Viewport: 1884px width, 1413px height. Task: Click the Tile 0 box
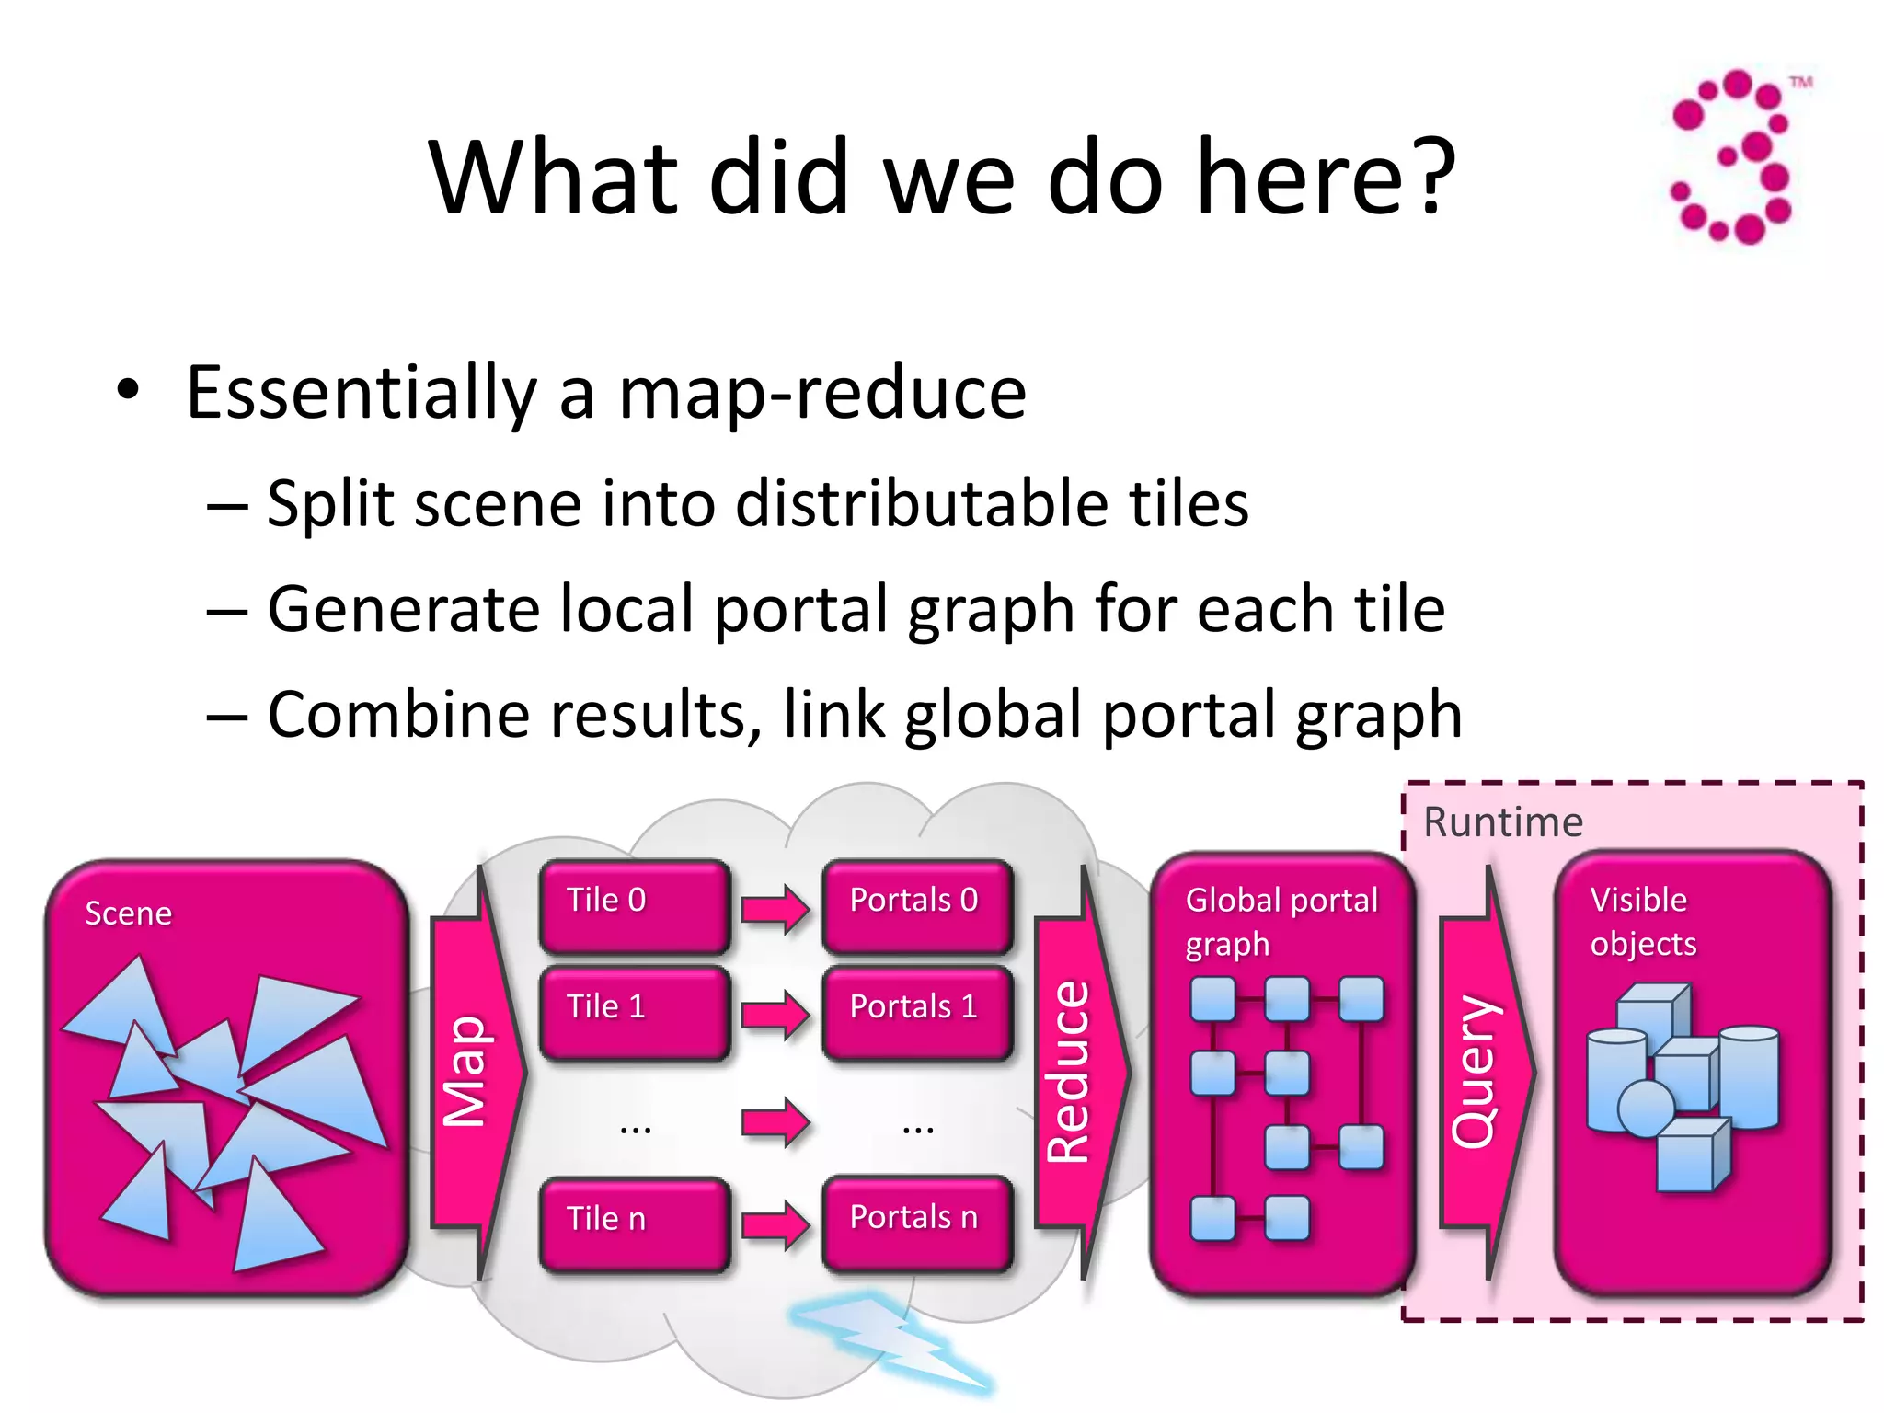click(634, 906)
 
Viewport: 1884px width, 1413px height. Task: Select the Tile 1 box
click(634, 1012)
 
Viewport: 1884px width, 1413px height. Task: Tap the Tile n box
click(634, 1223)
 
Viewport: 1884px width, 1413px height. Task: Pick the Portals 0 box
click(917, 906)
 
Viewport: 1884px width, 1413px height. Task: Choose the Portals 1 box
click(917, 1012)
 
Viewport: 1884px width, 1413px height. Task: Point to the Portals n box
click(917, 1223)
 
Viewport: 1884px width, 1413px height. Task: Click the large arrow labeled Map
click(474, 1072)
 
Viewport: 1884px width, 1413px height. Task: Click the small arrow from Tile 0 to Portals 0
click(775, 909)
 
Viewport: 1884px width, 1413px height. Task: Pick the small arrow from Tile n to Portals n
click(775, 1225)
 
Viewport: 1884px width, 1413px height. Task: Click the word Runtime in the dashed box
click(1502, 822)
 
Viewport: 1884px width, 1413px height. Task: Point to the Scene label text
click(128, 913)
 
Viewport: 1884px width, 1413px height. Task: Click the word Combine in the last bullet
click(401, 715)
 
